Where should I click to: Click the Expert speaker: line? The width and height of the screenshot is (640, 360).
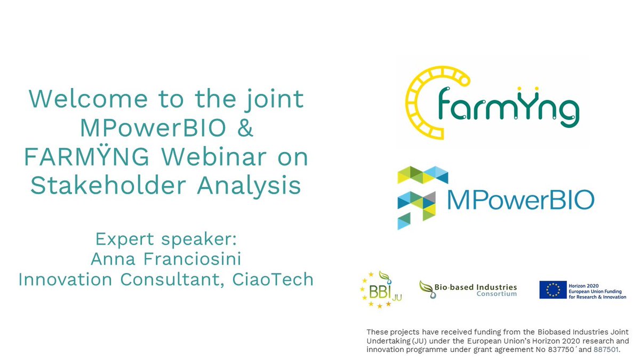pos(165,238)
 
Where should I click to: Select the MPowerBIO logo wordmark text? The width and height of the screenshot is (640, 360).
pos(520,201)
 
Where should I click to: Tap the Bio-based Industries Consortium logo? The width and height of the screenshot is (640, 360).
pos(468,289)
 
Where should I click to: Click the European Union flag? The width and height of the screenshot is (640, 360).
pos(553,290)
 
